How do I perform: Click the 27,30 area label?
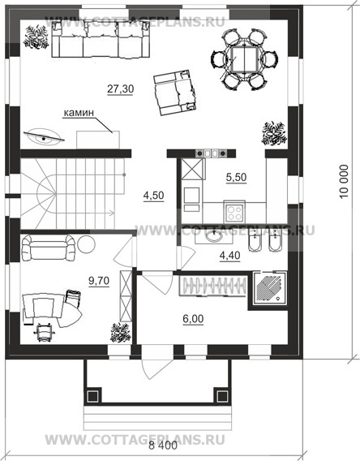pyautogui.click(x=120, y=88)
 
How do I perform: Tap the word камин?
pyautogui.click(x=79, y=113)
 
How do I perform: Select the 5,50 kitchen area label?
pyautogui.click(x=236, y=177)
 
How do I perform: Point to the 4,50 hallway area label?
pyautogui.click(x=153, y=196)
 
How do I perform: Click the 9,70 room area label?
pyautogui.click(x=99, y=281)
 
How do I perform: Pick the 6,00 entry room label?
pyautogui.click(x=193, y=319)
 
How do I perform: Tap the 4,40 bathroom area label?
pyautogui.click(x=230, y=256)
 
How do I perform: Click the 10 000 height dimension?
pyautogui.click(x=344, y=182)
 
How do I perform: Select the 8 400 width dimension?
pyautogui.click(x=163, y=446)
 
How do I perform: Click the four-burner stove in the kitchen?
pyautogui.click(x=234, y=213)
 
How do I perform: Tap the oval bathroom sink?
pyautogui.click(x=214, y=236)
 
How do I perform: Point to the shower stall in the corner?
pyautogui.click(x=269, y=288)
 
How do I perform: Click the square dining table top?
pyautogui.click(x=244, y=58)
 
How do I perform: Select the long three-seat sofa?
pyautogui.click(x=101, y=40)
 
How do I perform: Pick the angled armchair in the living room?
pyautogui.click(x=175, y=93)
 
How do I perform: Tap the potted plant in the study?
pyautogui.click(x=120, y=333)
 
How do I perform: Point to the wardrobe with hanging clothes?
pyautogui.click(x=212, y=285)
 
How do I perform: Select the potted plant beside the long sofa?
pyautogui.click(x=36, y=37)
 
